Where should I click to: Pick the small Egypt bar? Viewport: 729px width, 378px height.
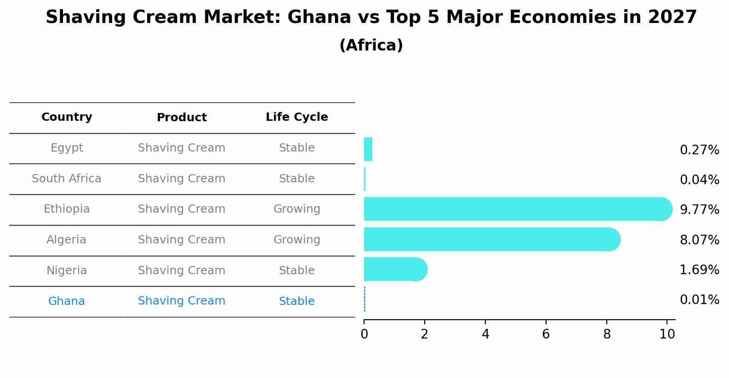tap(368, 149)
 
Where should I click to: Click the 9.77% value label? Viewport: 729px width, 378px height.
tap(699, 210)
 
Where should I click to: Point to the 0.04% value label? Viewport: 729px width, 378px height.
tap(699, 180)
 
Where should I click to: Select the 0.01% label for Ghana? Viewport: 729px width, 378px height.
tap(699, 300)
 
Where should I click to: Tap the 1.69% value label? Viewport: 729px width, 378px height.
tap(699, 270)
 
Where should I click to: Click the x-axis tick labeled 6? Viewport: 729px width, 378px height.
tap(546, 334)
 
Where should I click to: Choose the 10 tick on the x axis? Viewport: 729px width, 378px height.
tap(667, 334)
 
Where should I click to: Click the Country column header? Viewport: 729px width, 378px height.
tap(67, 117)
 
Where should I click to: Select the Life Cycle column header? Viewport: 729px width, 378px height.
tap(296, 117)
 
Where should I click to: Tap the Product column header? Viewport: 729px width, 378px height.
tap(182, 118)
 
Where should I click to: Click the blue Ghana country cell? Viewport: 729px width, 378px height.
tap(67, 301)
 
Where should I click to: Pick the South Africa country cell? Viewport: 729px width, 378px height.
tap(67, 179)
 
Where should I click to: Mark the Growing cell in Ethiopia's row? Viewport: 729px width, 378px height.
tap(296, 209)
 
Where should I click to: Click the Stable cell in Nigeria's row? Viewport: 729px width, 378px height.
tap(296, 271)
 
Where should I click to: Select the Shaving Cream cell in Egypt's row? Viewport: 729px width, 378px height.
tap(182, 148)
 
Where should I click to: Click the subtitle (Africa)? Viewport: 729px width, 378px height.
tap(371, 45)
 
